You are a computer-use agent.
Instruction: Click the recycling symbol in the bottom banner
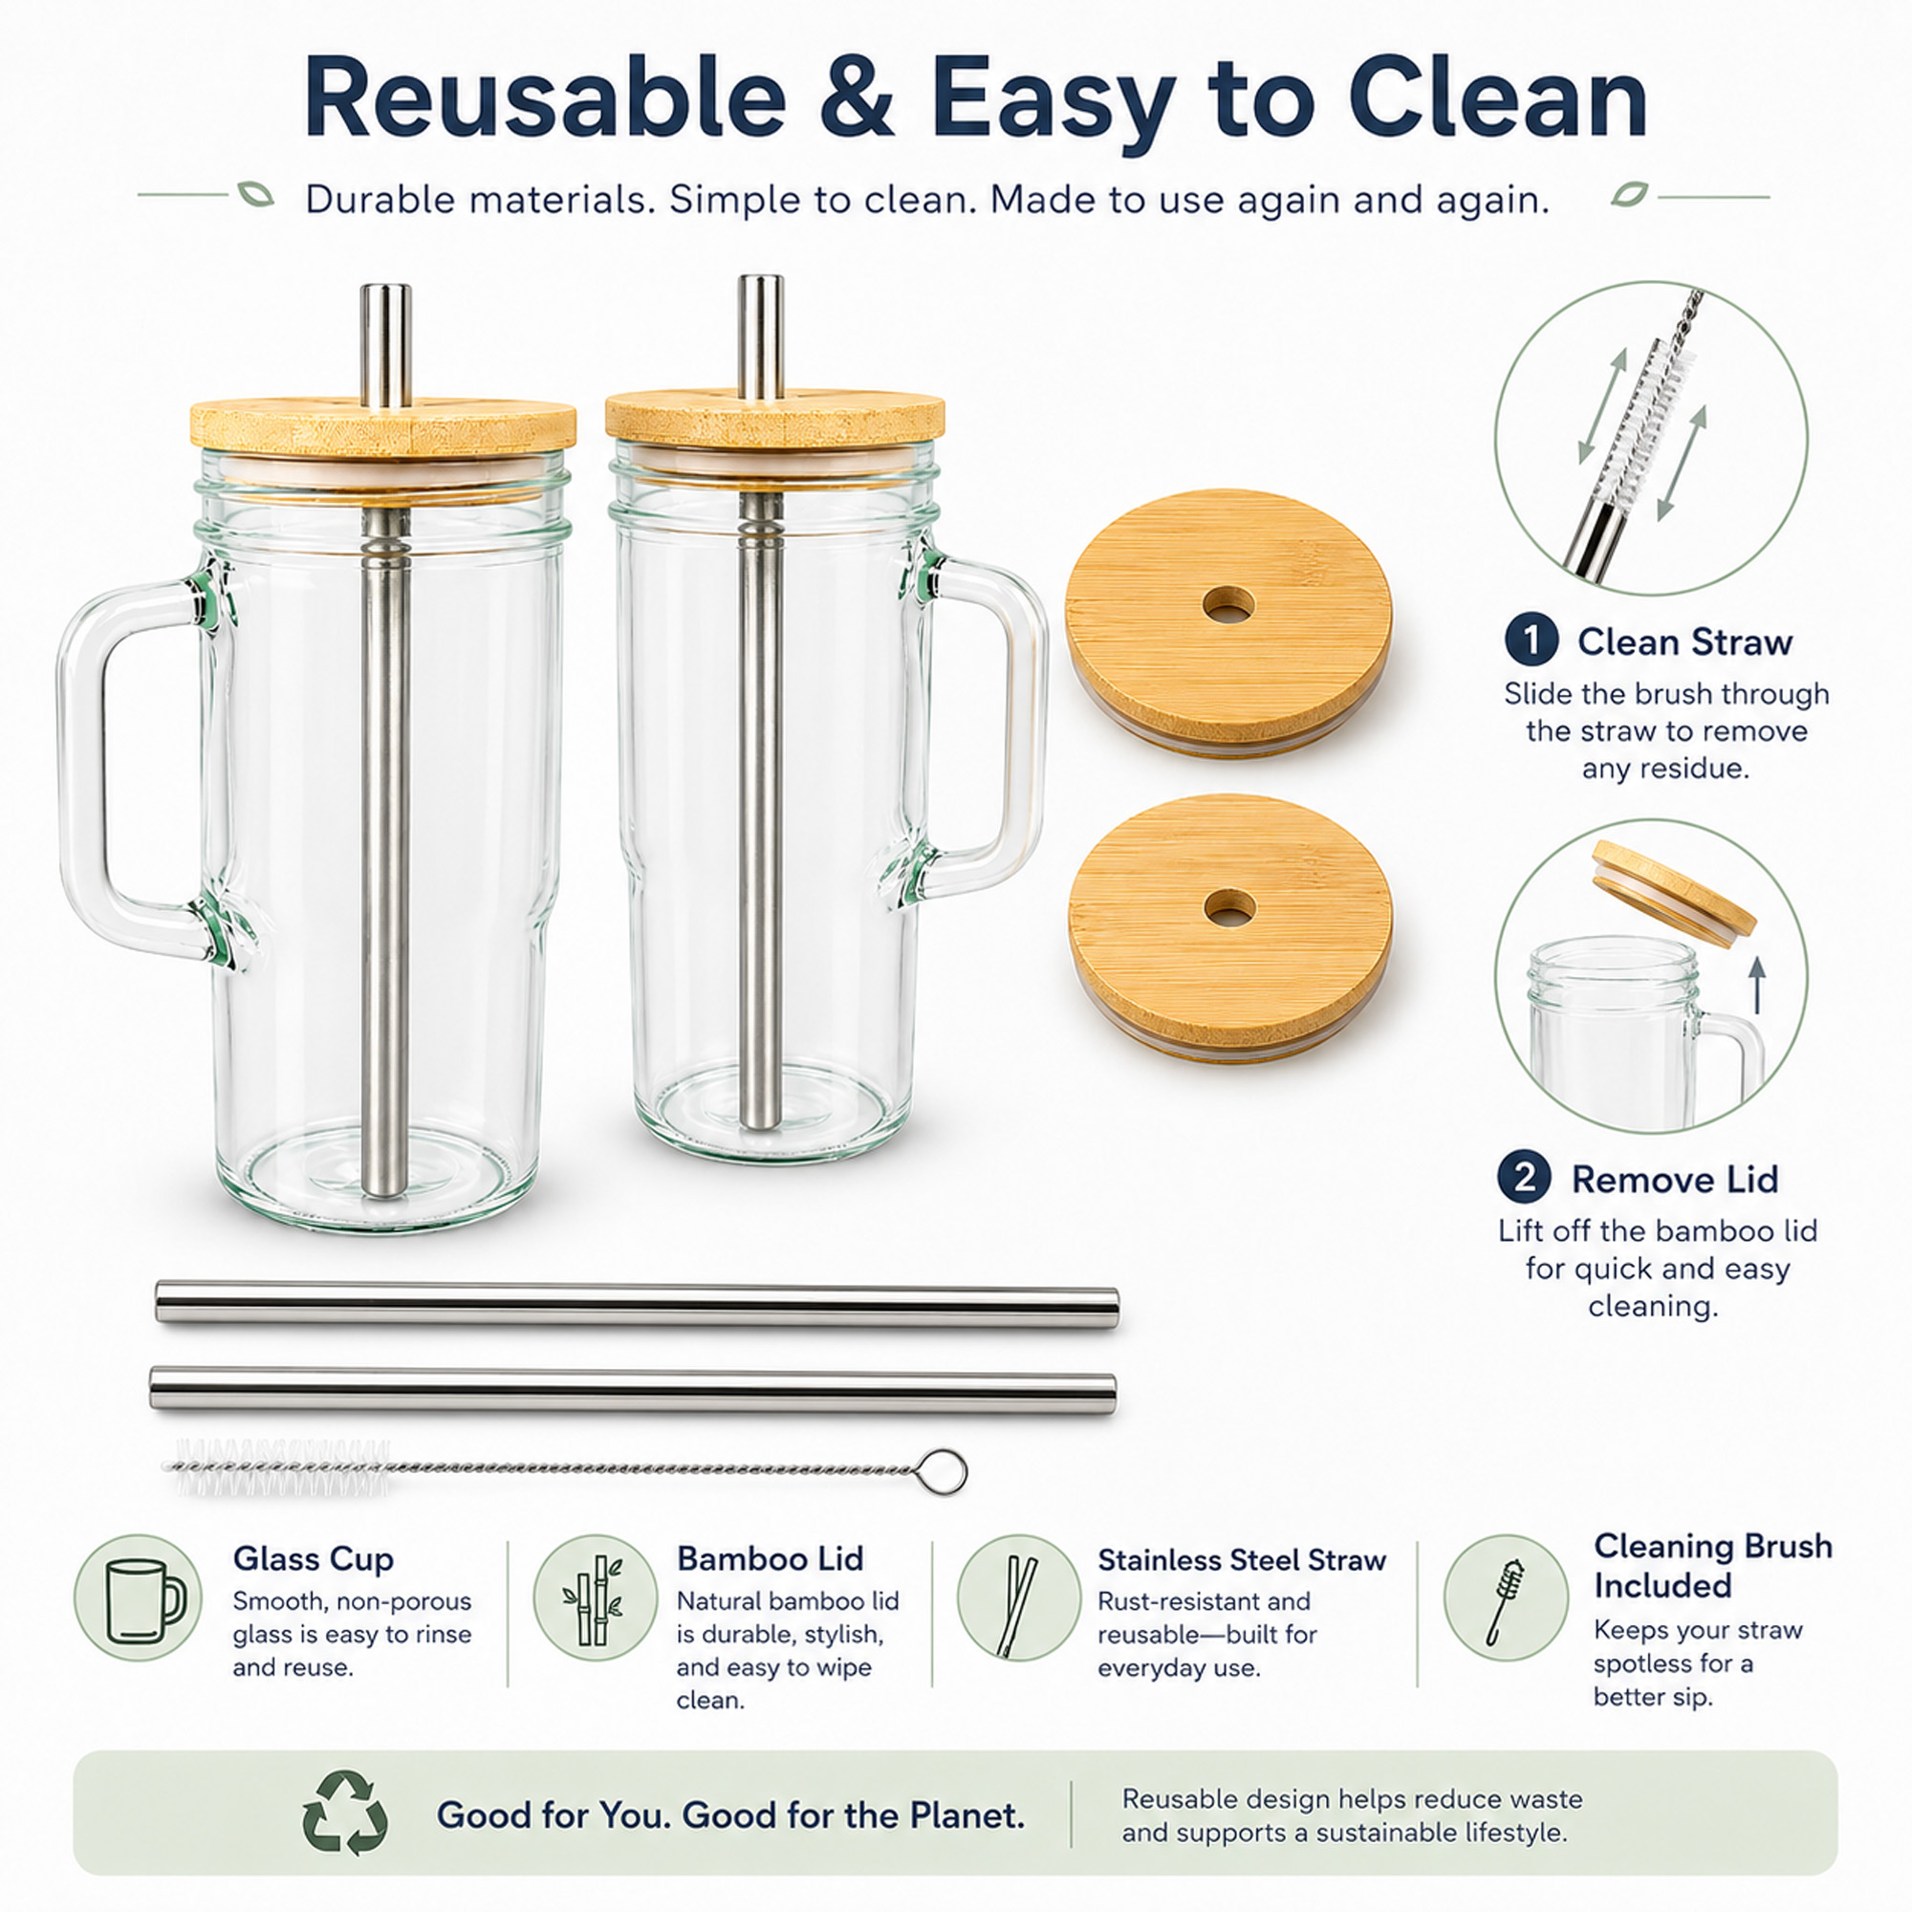point(345,1813)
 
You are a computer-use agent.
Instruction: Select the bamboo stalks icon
point(595,1598)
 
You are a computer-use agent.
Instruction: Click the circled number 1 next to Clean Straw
point(1532,641)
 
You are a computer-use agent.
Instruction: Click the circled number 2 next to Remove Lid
point(1525,1178)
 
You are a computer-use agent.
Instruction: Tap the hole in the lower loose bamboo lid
point(1229,906)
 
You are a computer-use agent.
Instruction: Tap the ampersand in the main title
point(857,99)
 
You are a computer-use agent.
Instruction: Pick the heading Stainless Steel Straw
point(1241,1561)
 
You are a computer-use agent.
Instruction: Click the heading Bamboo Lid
point(770,1558)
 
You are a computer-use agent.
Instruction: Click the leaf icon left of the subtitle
point(255,194)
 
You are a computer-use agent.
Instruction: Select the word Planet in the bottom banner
point(963,1815)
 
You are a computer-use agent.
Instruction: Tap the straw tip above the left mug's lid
point(385,290)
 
